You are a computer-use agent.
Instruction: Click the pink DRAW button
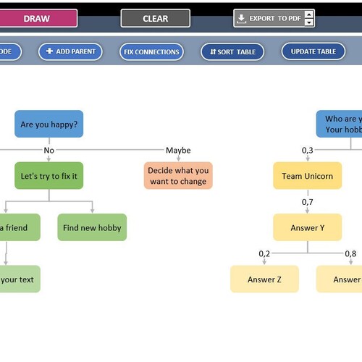[x=38, y=18]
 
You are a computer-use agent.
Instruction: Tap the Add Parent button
[x=70, y=51]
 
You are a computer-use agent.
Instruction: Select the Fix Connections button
[x=151, y=51]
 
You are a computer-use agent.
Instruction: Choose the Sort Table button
[x=232, y=51]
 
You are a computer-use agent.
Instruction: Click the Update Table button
[x=313, y=51]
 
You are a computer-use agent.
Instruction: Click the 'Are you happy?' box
[x=49, y=124]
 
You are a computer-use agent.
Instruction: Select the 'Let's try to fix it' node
[x=49, y=176]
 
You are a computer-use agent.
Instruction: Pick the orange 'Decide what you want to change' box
[x=178, y=176]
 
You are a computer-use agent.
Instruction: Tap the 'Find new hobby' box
[x=92, y=227]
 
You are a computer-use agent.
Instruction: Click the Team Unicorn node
[x=308, y=176]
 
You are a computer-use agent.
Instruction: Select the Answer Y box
[x=308, y=227]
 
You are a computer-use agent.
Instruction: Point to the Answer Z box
[x=264, y=279]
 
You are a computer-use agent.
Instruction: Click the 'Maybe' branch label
[x=178, y=150]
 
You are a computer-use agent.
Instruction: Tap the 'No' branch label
[x=49, y=150]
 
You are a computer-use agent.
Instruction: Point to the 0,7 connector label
[x=308, y=202]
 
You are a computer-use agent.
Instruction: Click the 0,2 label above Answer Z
[x=264, y=253]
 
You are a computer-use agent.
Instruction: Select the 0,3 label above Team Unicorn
[x=308, y=150]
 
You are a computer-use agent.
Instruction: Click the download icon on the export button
[x=241, y=19]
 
